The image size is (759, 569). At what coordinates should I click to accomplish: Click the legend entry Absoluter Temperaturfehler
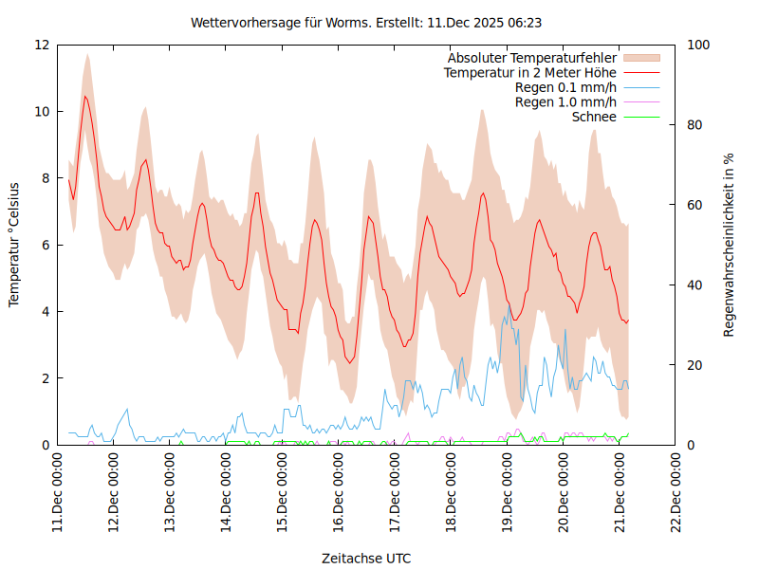(532, 58)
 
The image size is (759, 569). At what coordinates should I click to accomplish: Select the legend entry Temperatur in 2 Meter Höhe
(530, 72)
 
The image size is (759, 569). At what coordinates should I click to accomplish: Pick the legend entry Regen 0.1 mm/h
(565, 87)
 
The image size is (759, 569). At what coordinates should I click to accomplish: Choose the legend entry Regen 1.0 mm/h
(565, 101)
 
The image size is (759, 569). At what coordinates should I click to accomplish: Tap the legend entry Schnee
(595, 117)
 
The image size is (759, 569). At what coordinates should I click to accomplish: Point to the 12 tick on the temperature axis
(42, 46)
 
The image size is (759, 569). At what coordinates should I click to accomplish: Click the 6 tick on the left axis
(46, 245)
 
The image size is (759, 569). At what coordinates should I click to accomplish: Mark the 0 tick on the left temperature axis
(46, 445)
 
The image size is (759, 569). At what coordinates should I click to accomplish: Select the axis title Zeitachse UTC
(366, 558)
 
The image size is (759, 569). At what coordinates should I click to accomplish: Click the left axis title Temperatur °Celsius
(14, 245)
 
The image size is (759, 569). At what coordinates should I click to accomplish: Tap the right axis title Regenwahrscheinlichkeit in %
(730, 245)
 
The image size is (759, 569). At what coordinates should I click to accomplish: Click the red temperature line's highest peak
(85, 96)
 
